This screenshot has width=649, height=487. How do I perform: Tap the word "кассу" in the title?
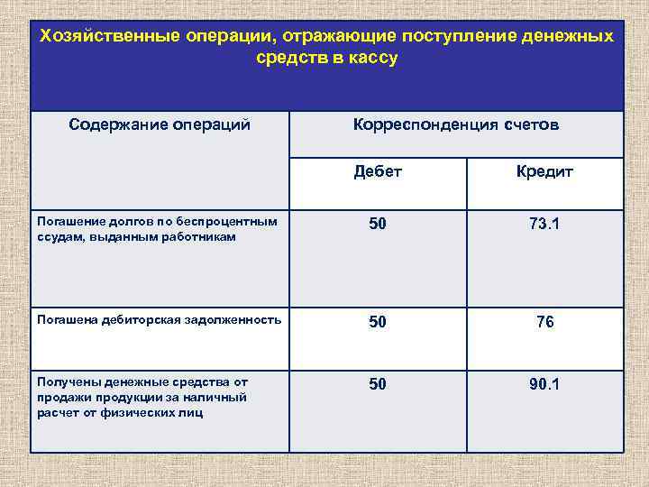click(x=370, y=59)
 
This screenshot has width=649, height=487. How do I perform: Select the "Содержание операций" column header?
click(x=160, y=124)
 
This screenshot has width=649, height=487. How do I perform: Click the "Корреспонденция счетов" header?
click(x=455, y=124)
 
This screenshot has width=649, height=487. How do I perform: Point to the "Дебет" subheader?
click(x=378, y=171)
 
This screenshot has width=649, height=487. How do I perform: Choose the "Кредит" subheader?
click(x=544, y=171)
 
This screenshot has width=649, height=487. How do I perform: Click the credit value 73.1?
click(x=544, y=224)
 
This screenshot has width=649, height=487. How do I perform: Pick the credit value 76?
click(x=544, y=321)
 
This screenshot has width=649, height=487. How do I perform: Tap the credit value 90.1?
click(x=544, y=384)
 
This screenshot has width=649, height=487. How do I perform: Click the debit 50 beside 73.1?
click(x=378, y=224)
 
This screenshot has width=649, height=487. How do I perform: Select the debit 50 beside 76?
click(x=378, y=321)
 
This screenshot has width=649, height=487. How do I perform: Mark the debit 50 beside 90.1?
click(x=378, y=384)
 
